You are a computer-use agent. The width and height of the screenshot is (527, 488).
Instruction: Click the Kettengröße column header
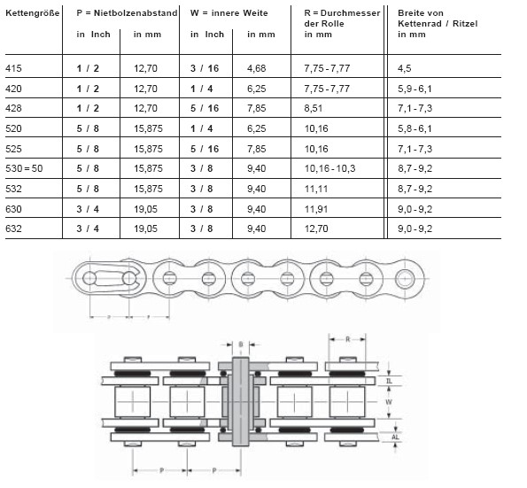click(33, 13)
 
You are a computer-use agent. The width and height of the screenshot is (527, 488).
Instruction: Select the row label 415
click(13, 68)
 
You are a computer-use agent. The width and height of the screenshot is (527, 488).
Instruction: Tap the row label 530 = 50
click(24, 168)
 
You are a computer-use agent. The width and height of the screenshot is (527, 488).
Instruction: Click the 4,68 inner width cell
click(257, 68)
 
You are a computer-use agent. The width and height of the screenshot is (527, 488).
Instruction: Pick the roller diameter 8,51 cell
click(314, 108)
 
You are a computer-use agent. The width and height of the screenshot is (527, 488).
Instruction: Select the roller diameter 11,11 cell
click(316, 189)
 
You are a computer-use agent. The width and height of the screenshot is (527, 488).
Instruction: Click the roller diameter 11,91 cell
click(316, 209)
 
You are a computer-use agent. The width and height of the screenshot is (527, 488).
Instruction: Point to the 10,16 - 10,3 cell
click(329, 168)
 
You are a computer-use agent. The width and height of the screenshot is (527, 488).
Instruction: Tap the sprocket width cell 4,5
click(404, 68)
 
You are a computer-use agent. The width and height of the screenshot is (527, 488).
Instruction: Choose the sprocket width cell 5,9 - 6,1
click(415, 89)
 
